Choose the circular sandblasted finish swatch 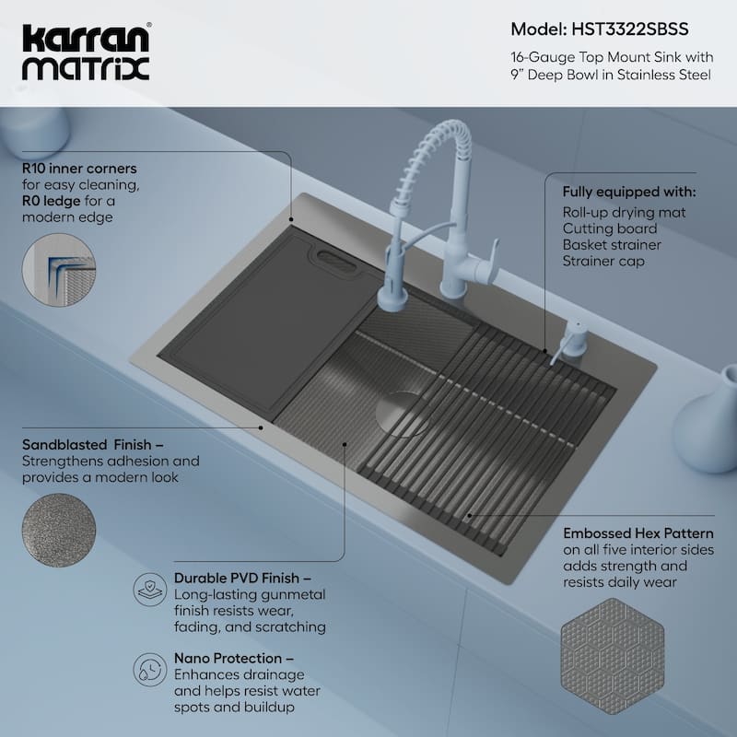click(58, 530)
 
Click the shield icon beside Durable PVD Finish click(150, 588)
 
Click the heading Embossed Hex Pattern click(638, 532)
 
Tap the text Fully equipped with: click(629, 193)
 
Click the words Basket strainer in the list click(612, 245)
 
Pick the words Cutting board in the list click(610, 228)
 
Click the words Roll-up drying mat click(625, 212)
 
